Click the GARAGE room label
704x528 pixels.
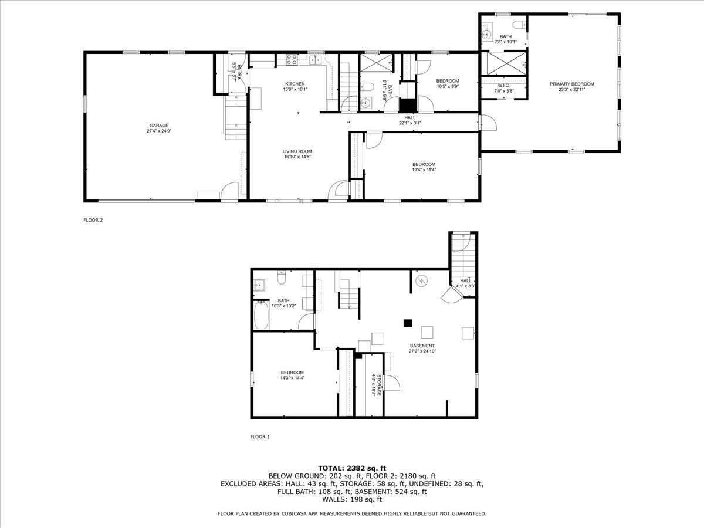[x=158, y=125]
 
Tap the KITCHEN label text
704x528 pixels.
[x=295, y=83]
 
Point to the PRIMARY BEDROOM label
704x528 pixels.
[x=571, y=84]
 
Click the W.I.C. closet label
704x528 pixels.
[x=504, y=86]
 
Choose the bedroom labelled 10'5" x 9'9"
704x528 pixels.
[x=448, y=87]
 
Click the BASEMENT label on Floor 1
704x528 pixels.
[x=422, y=346]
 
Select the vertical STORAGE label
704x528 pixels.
[x=380, y=384]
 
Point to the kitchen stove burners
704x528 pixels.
[x=292, y=59]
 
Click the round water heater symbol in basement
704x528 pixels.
[x=421, y=282]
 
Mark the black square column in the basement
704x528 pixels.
[x=408, y=323]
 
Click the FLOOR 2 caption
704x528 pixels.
[x=93, y=220]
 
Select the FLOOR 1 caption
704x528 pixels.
[x=259, y=436]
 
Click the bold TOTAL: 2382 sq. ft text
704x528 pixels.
[x=351, y=468]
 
